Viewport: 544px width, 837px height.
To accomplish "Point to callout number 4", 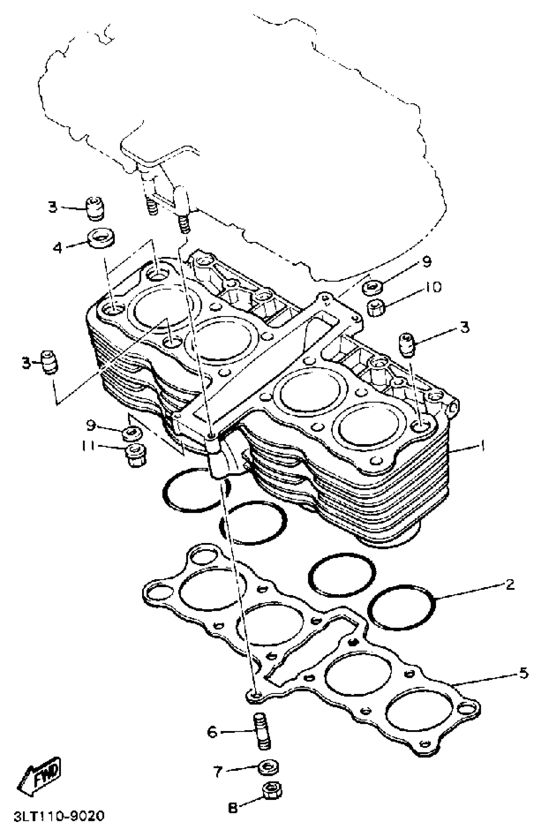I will pyautogui.click(x=57, y=248).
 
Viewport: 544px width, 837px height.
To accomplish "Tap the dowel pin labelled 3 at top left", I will pyautogui.click(x=95, y=209).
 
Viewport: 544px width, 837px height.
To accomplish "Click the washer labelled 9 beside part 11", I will pyautogui.click(x=132, y=433).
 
